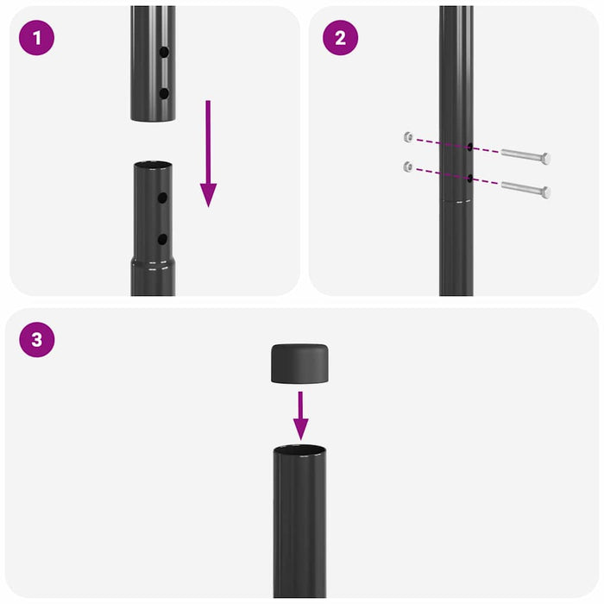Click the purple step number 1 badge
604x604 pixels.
coord(36,38)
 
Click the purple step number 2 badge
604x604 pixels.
coord(340,38)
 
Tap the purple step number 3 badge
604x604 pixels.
coord(36,339)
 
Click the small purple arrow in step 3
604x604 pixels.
coord(300,414)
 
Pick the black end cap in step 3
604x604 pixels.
coord(300,364)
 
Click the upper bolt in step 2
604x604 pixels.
coord(524,156)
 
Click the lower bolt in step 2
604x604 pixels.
coord(524,188)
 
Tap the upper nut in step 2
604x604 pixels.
coord(406,136)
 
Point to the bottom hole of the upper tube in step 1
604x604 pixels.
coord(163,92)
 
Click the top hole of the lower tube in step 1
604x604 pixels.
coord(162,198)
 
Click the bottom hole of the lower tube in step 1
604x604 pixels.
coord(162,238)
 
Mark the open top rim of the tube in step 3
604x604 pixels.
coord(300,450)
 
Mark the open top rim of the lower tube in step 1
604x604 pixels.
coord(154,164)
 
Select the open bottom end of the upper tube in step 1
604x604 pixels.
coord(154,118)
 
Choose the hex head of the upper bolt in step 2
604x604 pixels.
coord(544,159)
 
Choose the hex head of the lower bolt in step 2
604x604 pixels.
coord(544,191)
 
